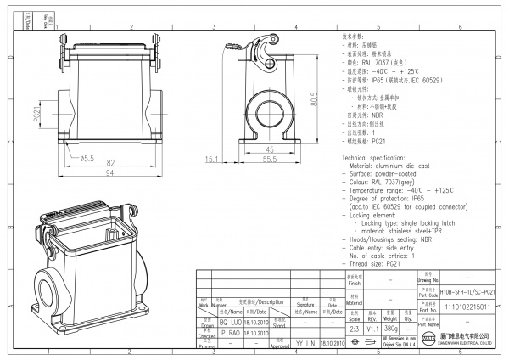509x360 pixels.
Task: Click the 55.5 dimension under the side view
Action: tap(270, 159)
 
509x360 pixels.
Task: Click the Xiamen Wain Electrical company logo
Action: tap(428, 341)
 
